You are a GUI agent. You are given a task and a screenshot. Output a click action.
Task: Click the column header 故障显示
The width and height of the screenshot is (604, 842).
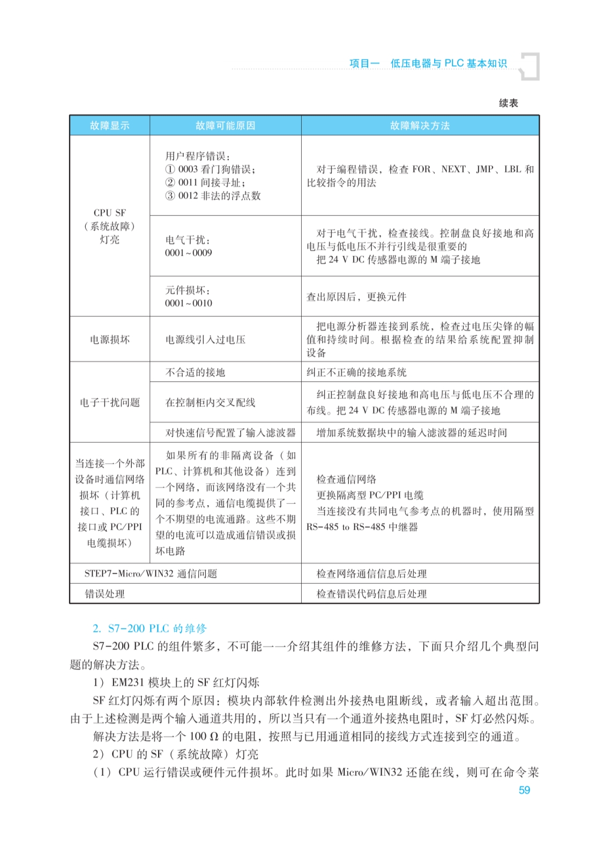[109, 125]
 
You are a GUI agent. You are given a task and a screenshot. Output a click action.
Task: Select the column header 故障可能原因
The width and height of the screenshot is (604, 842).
[225, 125]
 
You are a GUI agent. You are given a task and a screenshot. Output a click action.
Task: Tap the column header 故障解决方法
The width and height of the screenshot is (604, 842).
[420, 125]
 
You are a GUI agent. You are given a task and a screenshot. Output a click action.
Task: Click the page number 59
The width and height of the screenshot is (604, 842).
[524, 790]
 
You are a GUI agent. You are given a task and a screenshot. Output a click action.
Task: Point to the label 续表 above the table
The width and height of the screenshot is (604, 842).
[508, 103]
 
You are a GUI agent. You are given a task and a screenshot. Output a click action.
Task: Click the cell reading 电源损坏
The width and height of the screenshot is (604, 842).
[109, 339]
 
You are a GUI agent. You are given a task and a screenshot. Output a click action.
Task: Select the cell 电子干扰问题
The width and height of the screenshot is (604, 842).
[109, 402]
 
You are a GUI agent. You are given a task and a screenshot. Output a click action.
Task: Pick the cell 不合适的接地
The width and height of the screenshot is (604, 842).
[195, 372]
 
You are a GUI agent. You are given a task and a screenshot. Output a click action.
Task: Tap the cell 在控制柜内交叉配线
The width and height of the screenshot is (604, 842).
[210, 402]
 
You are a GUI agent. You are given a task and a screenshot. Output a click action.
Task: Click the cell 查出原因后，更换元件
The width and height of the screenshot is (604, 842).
[356, 297]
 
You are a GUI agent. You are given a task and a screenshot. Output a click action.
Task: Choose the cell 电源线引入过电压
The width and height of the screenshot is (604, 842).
[205, 339]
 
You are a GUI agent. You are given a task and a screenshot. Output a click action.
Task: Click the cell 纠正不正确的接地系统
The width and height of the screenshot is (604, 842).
[356, 372]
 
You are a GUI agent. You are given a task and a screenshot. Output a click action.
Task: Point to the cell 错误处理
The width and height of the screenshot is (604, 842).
[105, 594]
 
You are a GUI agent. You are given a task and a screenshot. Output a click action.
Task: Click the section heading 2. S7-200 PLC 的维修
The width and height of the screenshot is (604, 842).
[150, 629]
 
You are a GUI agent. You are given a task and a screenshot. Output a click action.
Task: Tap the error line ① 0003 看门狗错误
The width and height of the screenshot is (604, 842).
[210, 169]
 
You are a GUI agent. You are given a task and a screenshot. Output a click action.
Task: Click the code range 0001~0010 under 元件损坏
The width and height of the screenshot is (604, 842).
[189, 304]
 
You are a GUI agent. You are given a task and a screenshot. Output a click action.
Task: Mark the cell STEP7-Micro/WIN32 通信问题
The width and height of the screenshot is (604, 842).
[151, 573]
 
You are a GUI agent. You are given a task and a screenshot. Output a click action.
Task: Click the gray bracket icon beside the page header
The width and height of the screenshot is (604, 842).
[531, 66]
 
